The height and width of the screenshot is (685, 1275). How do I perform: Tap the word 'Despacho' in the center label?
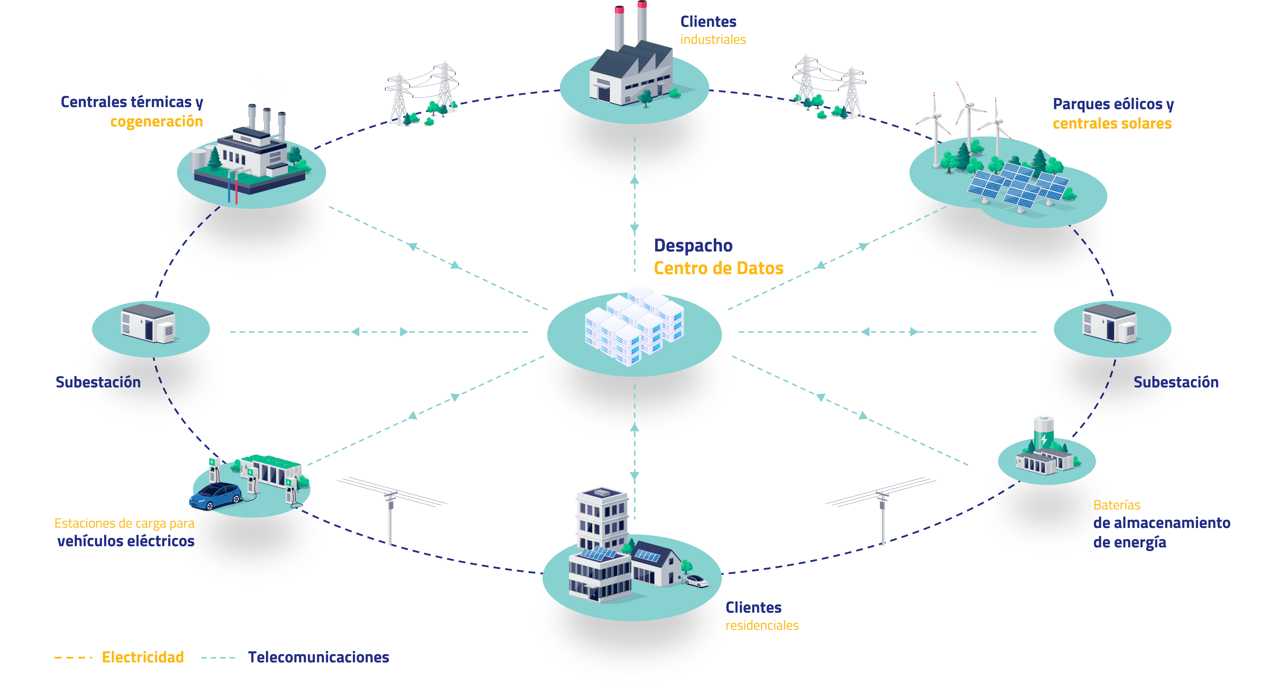pyautogui.click(x=693, y=246)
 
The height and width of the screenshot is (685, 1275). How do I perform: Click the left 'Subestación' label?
pyautogui.click(x=98, y=382)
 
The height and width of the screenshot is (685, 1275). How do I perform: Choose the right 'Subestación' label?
pyautogui.click(x=1176, y=382)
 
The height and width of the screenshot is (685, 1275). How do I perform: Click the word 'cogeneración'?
pyautogui.click(x=156, y=122)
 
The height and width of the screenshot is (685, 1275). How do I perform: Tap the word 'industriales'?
pyautogui.click(x=713, y=40)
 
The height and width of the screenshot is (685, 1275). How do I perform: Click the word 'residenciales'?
pyautogui.click(x=762, y=626)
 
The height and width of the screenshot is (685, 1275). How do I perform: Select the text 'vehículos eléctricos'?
pyautogui.click(x=126, y=541)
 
